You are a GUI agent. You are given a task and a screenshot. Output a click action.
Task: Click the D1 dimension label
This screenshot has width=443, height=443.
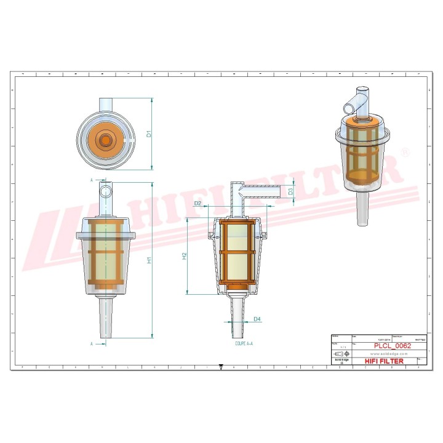(x=148, y=133)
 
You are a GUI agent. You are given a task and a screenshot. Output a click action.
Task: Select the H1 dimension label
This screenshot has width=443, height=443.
(x=148, y=261)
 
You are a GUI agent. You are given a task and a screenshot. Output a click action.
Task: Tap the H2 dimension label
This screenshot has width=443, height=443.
(x=184, y=255)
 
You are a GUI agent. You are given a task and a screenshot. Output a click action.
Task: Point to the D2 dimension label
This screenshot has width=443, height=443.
(x=198, y=202)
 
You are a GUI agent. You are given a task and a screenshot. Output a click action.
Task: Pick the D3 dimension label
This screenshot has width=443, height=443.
(x=291, y=191)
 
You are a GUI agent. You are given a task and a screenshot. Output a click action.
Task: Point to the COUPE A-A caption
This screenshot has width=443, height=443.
(x=244, y=345)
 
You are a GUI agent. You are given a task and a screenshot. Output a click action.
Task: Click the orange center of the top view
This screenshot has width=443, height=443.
(x=106, y=140)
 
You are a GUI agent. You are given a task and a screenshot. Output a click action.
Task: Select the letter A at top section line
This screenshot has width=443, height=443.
(x=91, y=180)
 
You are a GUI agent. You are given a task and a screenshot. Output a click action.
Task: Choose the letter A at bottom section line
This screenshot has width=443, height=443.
(x=91, y=343)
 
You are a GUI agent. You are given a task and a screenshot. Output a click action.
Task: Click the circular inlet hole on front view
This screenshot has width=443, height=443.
(x=106, y=191)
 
